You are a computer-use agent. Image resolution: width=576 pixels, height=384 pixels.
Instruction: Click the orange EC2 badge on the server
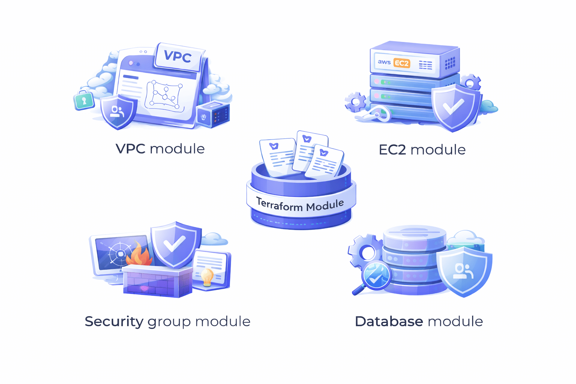click(x=401, y=63)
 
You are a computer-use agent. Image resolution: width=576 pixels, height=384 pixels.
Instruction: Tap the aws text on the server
click(x=384, y=62)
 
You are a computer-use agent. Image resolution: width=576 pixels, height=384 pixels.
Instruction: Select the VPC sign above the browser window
click(x=178, y=57)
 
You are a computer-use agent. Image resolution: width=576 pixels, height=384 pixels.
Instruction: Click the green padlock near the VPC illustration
click(x=84, y=100)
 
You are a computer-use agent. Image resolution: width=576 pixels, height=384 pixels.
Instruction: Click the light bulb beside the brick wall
click(x=207, y=277)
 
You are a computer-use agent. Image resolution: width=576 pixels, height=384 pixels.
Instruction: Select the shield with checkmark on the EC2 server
click(x=454, y=107)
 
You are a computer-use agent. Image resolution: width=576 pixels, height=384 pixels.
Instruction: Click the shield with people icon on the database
click(x=464, y=271)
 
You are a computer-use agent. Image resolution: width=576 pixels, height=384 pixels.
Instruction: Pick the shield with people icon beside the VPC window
click(x=118, y=111)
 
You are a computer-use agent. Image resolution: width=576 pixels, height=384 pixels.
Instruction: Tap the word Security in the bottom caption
click(x=114, y=321)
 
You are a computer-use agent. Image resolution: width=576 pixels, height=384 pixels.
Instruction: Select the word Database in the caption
click(x=389, y=321)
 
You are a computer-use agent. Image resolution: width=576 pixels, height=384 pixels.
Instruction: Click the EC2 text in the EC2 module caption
click(x=392, y=150)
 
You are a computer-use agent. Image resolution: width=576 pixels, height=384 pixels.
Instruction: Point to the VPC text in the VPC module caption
click(x=130, y=149)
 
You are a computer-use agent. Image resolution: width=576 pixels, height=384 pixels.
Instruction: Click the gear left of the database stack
click(x=363, y=250)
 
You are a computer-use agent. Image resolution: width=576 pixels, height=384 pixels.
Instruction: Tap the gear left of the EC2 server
click(x=355, y=102)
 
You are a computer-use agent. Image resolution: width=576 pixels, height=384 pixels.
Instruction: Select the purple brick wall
click(x=157, y=281)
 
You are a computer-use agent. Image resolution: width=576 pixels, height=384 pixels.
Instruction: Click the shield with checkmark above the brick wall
click(x=174, y=244)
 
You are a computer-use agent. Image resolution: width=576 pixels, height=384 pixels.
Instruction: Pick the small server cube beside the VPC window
click(x=214, y=114)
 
